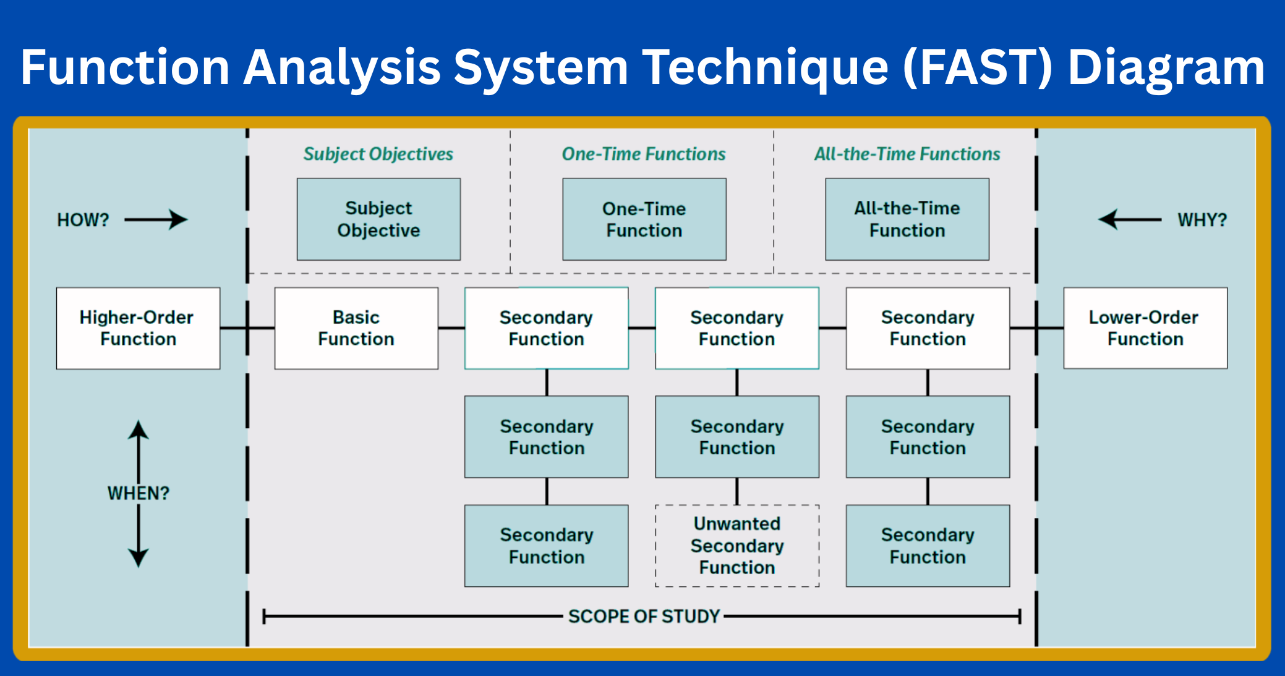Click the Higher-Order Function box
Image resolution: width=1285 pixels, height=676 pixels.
tap(138, 328)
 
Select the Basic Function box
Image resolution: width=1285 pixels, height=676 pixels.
tap(356, 328)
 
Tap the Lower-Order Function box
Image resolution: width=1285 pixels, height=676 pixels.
tap(1145, 328)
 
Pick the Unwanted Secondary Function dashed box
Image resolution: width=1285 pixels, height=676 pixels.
tap(737, 546)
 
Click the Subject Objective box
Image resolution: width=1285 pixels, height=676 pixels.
tap(378, 219)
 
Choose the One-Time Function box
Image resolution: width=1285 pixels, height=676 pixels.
tap(644, 219)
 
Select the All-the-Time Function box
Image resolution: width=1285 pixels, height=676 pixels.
tap(907, 219)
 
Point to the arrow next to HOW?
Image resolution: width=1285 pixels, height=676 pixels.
tap(156, 219)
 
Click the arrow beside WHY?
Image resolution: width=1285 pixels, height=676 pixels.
tap(1129, 219)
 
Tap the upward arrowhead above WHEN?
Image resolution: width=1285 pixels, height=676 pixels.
tap(139, 429)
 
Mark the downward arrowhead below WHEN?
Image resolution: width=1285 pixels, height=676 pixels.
tap(139, 557)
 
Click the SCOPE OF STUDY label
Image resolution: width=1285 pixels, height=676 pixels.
tap(644, 616)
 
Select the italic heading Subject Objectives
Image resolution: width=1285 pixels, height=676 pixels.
tap(378, 154)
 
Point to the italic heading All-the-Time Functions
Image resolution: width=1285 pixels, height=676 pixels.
tap(907, 154)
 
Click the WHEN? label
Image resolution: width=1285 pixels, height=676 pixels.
tap(139, 493)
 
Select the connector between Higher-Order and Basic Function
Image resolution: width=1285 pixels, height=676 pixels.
tap(247, 328)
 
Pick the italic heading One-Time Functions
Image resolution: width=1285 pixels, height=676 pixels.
tap(644, 154)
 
